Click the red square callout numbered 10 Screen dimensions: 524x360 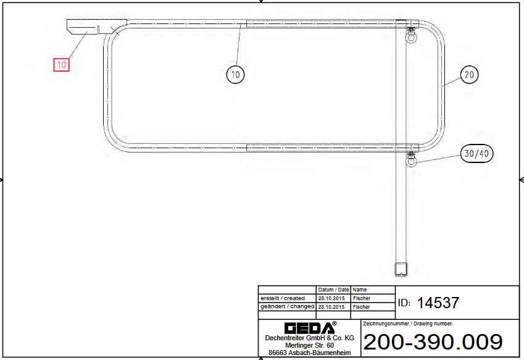pyautogui.click(x=62, y=64)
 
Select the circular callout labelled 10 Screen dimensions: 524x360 pyautogui.click(x=235, y=74)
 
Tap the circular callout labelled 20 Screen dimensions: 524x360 pyautogui.click(x=469, y=75)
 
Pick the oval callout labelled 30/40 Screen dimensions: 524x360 pyautogui.click(x=476, y=153)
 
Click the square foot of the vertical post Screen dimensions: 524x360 pyautogui.click(x=401, y=269)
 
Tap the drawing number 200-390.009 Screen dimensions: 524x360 pyautogui.click(x=433, y=342)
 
